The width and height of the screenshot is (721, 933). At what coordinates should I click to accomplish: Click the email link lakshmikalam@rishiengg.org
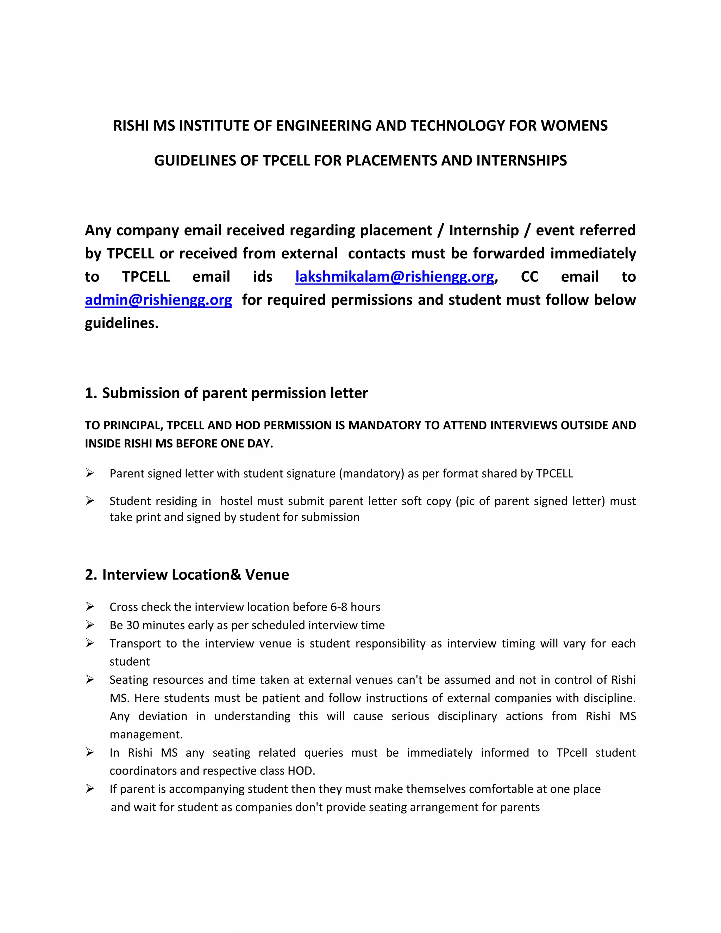tap(395, 277)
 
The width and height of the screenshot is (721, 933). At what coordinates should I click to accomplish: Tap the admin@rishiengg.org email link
tap(158, 300)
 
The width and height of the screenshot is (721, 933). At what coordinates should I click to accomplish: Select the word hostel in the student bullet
tap(237, 501)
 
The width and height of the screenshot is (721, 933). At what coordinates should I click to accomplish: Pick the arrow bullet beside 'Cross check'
tap(90, 607)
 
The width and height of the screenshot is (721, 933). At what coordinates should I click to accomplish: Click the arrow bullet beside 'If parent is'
tap(90, 789)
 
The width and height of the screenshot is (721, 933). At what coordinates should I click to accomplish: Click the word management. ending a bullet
tap(146, 735)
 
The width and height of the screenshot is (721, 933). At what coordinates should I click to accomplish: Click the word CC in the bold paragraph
tap(529, 277)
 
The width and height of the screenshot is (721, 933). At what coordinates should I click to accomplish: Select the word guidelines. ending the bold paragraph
tap(122, 324)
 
